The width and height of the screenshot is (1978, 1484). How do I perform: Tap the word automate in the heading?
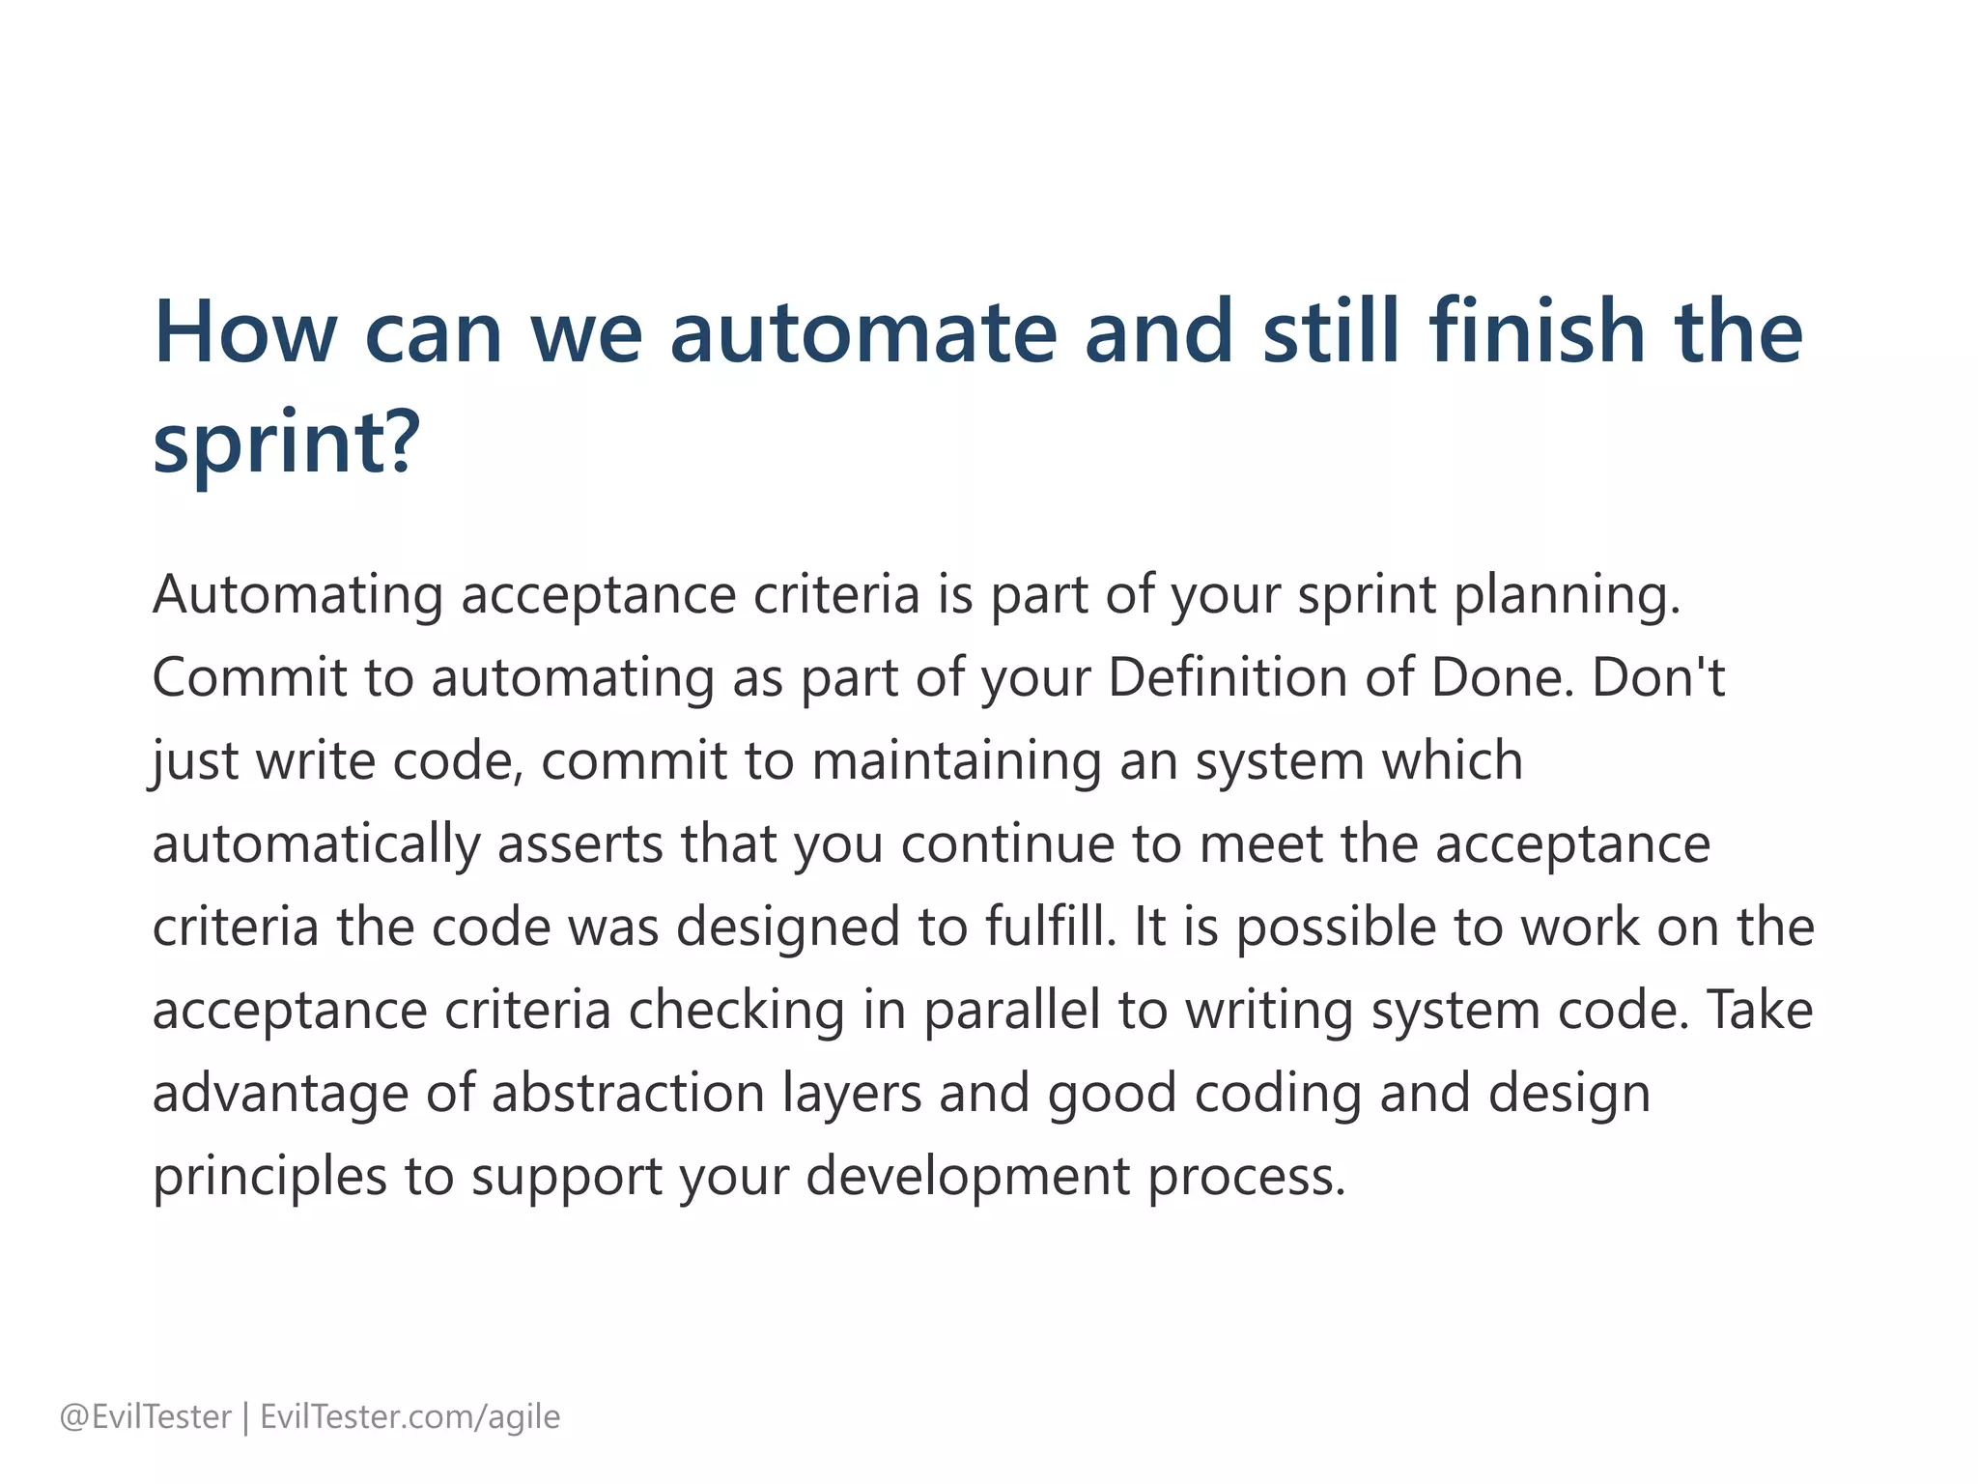click(863, 331)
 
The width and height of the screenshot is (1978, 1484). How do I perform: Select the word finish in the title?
click(1537, 331)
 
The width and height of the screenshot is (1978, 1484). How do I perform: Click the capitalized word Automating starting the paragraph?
click(297, 595)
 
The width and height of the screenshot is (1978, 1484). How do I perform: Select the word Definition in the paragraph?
click(1227, 677)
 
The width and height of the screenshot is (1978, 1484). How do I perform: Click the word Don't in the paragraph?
click(1657, 677)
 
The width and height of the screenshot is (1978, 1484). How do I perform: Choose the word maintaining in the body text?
click(956, 761)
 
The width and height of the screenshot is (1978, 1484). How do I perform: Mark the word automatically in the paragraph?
click(316, 844)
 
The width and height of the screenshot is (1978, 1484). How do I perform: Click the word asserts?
click(579, 844)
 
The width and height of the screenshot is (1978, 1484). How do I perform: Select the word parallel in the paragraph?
click(1011, 1011)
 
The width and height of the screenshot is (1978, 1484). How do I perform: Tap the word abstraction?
click(628, 1094)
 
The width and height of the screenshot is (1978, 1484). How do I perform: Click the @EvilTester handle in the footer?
click(146, 1417)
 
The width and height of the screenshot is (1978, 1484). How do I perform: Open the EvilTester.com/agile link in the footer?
click(410, 1417)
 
